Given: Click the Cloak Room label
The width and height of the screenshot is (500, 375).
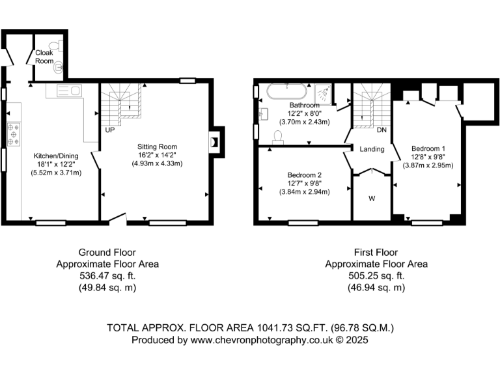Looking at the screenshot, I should pyautogui.click(x=44, y=56).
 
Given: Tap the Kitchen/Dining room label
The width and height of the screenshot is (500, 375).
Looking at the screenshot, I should pyautogui.click(x=58, y=156).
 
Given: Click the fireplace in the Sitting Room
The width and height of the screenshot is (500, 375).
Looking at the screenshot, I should pyautogui.click(x=214, y=143).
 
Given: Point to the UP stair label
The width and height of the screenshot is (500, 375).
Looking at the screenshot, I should pyautogui.click(x=110, y=130).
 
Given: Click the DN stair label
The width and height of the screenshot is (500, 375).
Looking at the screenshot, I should pyautogui.click(x=382, y=130).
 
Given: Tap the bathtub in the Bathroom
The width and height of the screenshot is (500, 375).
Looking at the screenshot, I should pyautogui.click(x=285, y=92).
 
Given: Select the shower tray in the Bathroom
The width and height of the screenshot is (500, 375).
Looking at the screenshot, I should pyautogui.click(x=325, y=93).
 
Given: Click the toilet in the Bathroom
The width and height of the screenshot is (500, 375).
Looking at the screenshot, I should pyautogui.click(x=278, y=135).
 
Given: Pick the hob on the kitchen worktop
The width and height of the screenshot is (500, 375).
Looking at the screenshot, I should pyautogui.click(x=14, y=133).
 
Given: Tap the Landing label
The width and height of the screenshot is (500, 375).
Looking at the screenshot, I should pyautogui.click(x=372, y=149).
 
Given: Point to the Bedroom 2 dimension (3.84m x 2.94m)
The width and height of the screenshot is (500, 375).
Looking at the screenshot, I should pyautogui.click(x=305, y=192).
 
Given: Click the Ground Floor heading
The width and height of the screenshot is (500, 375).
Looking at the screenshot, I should pyautogui.click(x=107, y=253).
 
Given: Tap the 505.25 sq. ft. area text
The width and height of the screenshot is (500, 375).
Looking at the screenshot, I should pyautogui.click(x=376, y=276).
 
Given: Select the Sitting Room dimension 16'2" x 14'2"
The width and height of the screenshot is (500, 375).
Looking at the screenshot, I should pyautogui.click(x=157, y=155).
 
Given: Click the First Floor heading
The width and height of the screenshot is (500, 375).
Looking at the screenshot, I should pyautogui.click(x=376, y=253).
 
